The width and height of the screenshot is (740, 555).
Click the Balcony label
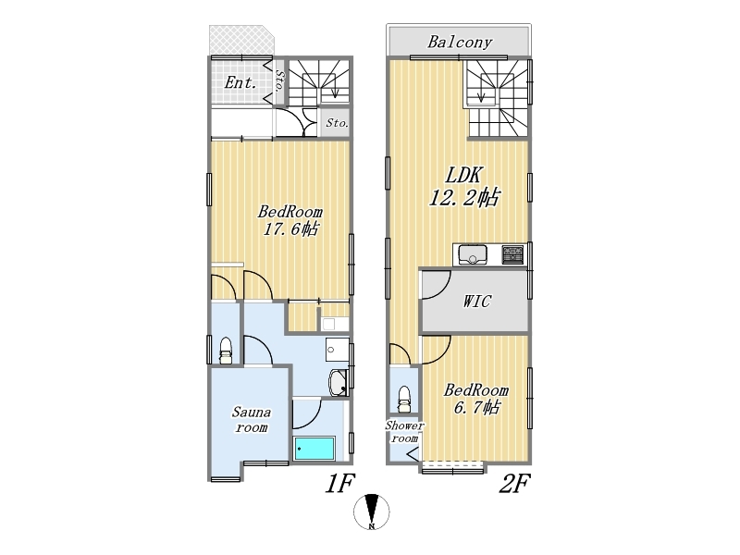(460, 43)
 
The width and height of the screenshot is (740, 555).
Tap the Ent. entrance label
(240, 83)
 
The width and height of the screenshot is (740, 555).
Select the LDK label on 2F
(464, 176)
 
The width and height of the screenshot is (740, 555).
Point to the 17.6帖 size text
(290, 229)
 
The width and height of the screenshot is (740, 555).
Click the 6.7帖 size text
(476, 407)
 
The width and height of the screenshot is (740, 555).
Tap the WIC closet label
(476, 302)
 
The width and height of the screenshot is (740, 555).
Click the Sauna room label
(252, 420)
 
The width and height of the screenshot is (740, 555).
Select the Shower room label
(404, 432)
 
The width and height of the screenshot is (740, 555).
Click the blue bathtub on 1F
(314, 449)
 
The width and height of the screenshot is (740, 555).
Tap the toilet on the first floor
(226, 351)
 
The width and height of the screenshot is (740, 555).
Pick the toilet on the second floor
(404, 400)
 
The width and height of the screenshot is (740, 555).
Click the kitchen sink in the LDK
(473, 255)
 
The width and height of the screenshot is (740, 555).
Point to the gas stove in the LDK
(513, 255)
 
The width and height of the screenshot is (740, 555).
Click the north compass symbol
(372, 512)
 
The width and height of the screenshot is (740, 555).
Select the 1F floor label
(339, 483)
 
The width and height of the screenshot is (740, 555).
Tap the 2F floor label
(514, 483)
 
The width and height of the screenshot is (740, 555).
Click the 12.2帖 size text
(463, 197)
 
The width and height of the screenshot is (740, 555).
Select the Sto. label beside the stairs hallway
(337, 123)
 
